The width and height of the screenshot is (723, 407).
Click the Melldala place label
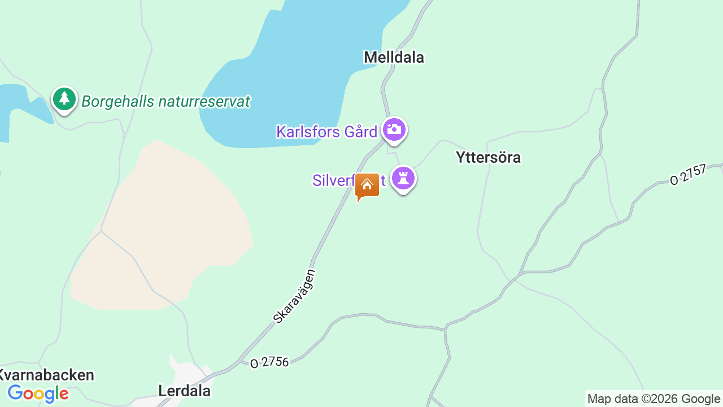[x=394, y=57]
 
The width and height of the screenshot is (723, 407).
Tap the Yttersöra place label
[x=488, y=157]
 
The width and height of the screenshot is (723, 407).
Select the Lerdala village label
[x=184, y=391]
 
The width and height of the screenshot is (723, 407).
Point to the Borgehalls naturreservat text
[x=165, y=102]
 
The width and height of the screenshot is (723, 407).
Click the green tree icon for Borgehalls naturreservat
[x=64, y=99]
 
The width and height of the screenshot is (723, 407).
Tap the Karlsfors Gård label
[x=326, y=132]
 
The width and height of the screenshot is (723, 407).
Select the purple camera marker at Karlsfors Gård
[x=394, y=129]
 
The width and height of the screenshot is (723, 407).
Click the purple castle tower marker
[x=403, y=179]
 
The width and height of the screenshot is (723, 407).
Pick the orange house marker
[x=367, y=185]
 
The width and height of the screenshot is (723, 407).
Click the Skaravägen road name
[x=294, y=296]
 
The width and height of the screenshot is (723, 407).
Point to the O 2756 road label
[x=269, y=362]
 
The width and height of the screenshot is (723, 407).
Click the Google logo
[x=38, y=393]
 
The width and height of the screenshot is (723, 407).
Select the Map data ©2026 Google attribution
[x=654, y=399]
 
